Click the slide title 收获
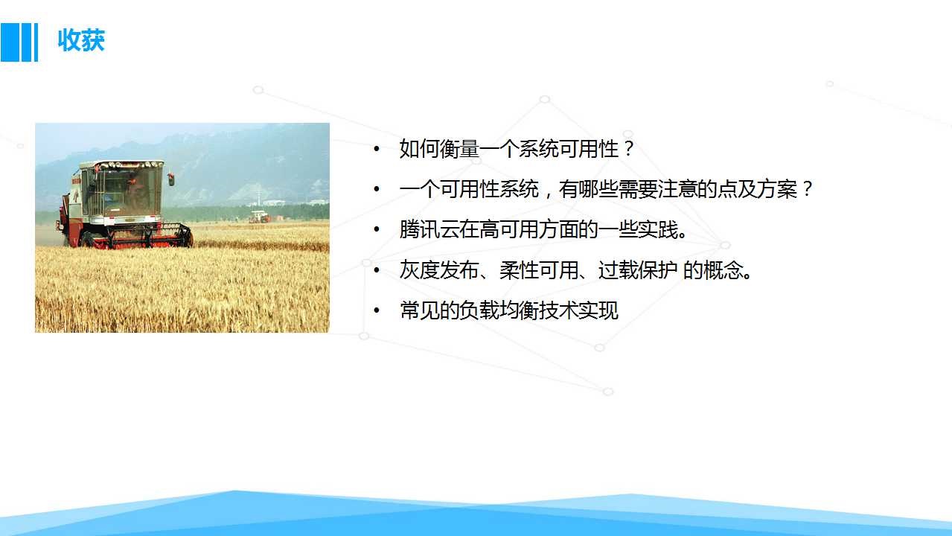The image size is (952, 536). click(x=81, y=40)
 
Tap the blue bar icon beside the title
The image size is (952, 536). click(x=19, y=42)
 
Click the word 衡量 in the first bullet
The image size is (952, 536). click(x=459, y=149)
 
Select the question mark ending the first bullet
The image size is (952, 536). click(x=628, y=149)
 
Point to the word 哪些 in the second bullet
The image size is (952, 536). click(x=598, y=189)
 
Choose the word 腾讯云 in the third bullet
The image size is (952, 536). click(x=429, y=229)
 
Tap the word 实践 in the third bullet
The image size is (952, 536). click(x=657, y=229)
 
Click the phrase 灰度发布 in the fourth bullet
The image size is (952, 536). click(x=439, y=270)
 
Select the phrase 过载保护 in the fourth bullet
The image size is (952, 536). click(x=637, y=270)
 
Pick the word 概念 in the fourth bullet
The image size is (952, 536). click(x=723, y=270)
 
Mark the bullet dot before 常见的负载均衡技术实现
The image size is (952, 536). click(x=377, y=310)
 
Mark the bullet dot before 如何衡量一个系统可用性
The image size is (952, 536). click(x=377, y=149)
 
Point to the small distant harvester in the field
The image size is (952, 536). click(x=260, y=217)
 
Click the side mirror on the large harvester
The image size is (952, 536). click(x=171, y=179)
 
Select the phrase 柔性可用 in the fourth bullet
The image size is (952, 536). click(x=539, y=270)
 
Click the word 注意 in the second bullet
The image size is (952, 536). click(x=677, y=189)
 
